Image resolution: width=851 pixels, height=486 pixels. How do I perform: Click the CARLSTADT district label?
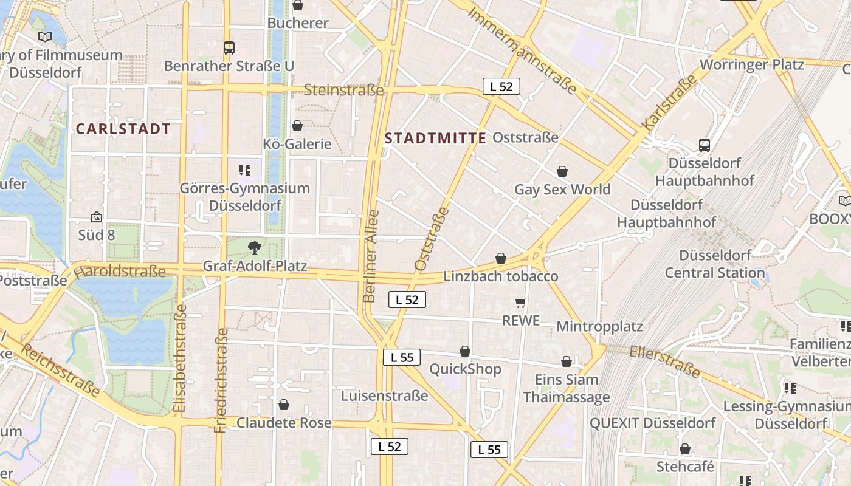point(123,129)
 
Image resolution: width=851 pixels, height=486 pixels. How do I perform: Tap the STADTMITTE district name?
point(435,138)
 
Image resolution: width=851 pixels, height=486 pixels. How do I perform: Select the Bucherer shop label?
point(298,23)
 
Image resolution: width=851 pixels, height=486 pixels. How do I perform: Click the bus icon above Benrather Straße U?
point(229,48)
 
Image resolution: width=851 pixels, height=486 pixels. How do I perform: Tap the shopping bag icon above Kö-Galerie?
point(297,126)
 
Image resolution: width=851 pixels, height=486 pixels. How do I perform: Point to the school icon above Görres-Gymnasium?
point(245,170)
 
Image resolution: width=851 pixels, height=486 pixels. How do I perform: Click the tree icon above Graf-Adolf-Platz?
point(255,247)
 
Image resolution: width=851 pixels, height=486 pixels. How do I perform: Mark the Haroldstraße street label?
point(120,271)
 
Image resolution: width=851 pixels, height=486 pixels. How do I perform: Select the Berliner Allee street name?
point(370,256)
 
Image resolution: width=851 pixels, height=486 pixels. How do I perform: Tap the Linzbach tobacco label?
point(500,276)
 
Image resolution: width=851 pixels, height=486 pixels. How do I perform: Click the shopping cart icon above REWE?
point(520,303)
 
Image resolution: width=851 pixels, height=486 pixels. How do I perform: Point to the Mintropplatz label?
point(599,326)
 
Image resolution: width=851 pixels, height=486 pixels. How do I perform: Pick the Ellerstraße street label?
point(665,361)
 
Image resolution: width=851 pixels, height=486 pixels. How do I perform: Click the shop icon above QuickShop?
point(465,351)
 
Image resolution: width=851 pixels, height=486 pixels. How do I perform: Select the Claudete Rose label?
point(284,423)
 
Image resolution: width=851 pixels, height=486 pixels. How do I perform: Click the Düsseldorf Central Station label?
point(715,264)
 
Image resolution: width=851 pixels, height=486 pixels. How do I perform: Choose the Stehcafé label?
point(685,467)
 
